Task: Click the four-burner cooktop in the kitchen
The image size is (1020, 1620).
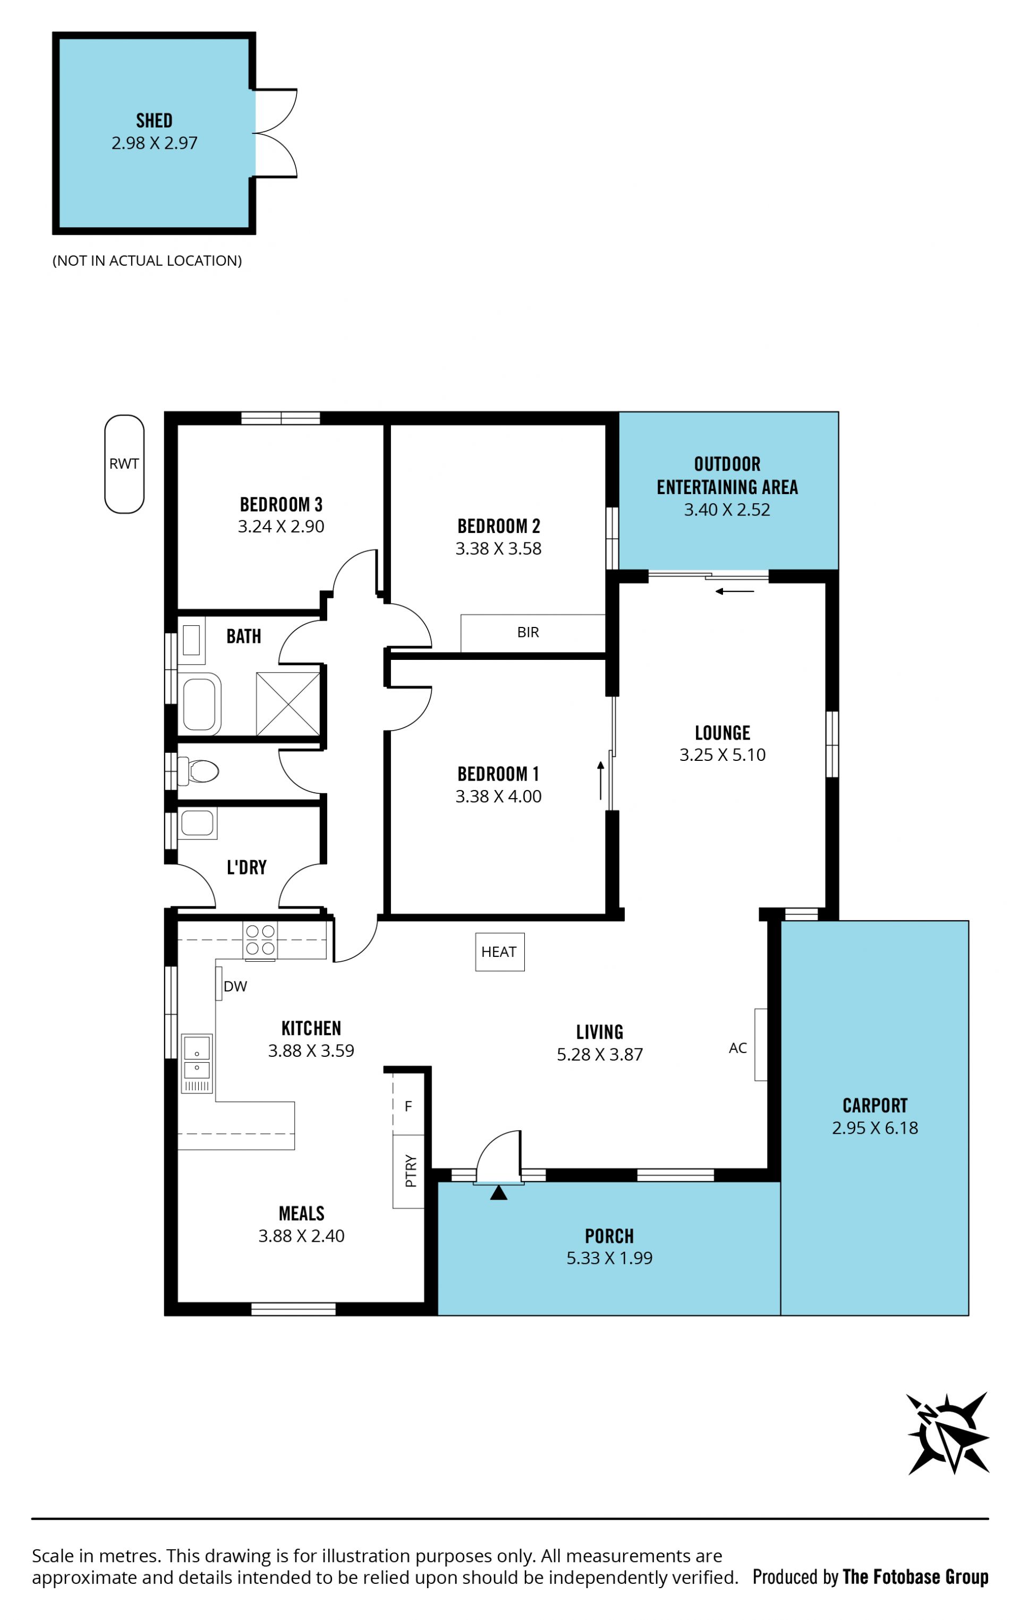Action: tap(260, 940)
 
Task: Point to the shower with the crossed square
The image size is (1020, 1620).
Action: tap(288, 703)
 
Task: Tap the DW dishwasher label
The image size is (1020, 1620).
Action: tap(235, 986)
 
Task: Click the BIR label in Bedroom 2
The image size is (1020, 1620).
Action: tap(528, 632)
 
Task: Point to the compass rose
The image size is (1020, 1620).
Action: tap(947, 1434)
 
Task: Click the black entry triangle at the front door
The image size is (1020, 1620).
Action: tap(498, 1193)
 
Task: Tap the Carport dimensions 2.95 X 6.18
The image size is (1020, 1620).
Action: tap(874, 1127)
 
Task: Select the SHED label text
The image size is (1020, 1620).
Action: tap(154, 121)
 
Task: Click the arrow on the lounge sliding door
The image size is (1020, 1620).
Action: tap(734, 591)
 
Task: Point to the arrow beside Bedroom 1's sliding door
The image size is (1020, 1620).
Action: tap(601, 781)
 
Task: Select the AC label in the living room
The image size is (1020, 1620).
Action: tap(737, 1047)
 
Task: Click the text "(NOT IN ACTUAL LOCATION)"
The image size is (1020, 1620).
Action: tap(147, 260)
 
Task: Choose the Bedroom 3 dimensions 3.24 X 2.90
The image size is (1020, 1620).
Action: tap(280, 526)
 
